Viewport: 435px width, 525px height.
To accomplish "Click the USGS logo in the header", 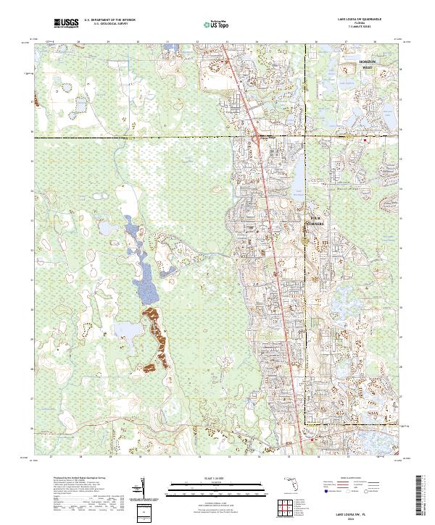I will click(x=66, y=23).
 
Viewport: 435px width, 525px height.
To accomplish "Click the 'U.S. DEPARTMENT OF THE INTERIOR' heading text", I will click(x=109, y=21).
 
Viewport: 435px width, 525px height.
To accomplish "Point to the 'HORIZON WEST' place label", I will click(x=369, y=66).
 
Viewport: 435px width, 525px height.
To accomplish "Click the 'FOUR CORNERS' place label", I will click(x=317, y=220).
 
